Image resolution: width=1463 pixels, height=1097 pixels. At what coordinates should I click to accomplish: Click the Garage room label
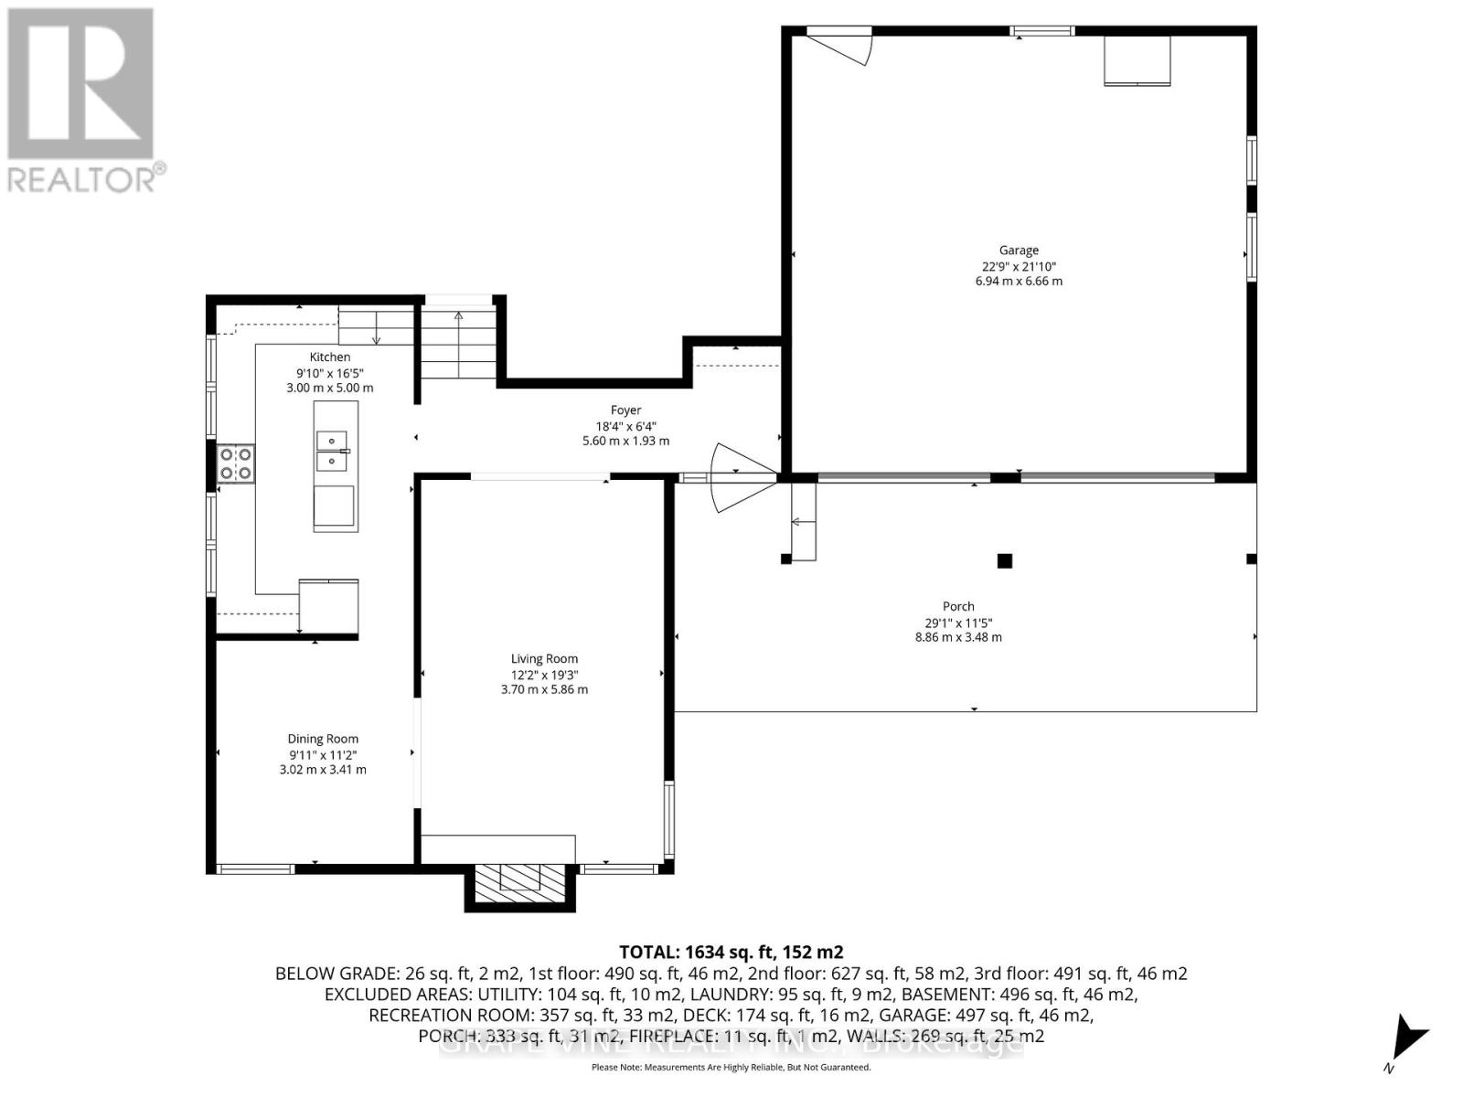(1018, 250)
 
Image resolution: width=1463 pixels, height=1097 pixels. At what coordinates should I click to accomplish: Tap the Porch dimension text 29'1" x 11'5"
(958, 622)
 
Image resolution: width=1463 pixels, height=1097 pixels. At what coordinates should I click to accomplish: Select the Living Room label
(544, 658)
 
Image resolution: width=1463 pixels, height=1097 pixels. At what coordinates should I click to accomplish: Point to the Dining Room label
(323, 739)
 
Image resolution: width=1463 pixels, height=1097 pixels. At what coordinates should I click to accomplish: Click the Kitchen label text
(329, 357)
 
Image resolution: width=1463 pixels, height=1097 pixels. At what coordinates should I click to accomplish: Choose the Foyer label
(625, 410)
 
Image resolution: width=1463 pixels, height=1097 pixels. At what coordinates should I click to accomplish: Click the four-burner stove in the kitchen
(235, 463)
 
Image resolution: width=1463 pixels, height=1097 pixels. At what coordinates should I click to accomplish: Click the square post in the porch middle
(1004, 560)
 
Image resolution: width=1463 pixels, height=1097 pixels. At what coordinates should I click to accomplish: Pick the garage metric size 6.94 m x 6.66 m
(1018, 281)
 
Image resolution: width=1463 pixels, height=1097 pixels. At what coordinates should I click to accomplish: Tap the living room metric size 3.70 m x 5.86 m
(544, 689)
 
